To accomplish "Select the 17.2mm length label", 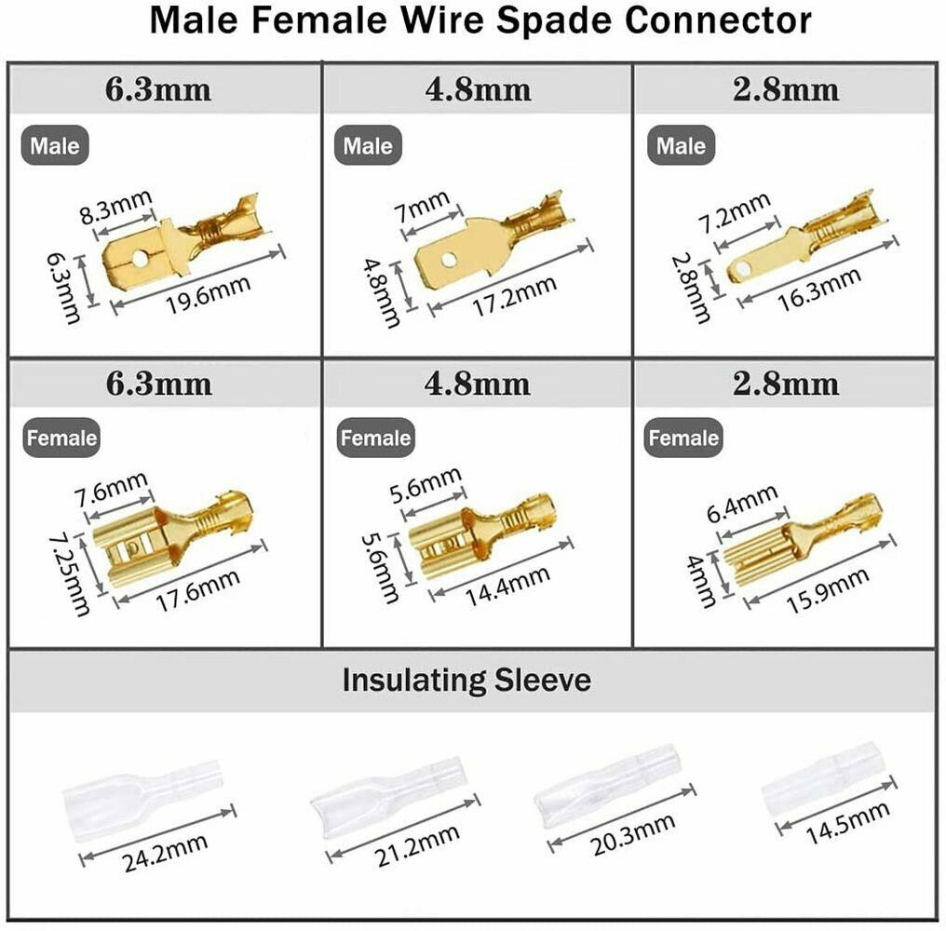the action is pyautogui.click(x=517, y=291).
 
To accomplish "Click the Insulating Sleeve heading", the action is pyautogui.click(x=466, y=680).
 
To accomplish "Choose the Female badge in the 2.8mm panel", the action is pyautogui.click(x=683, y=438).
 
